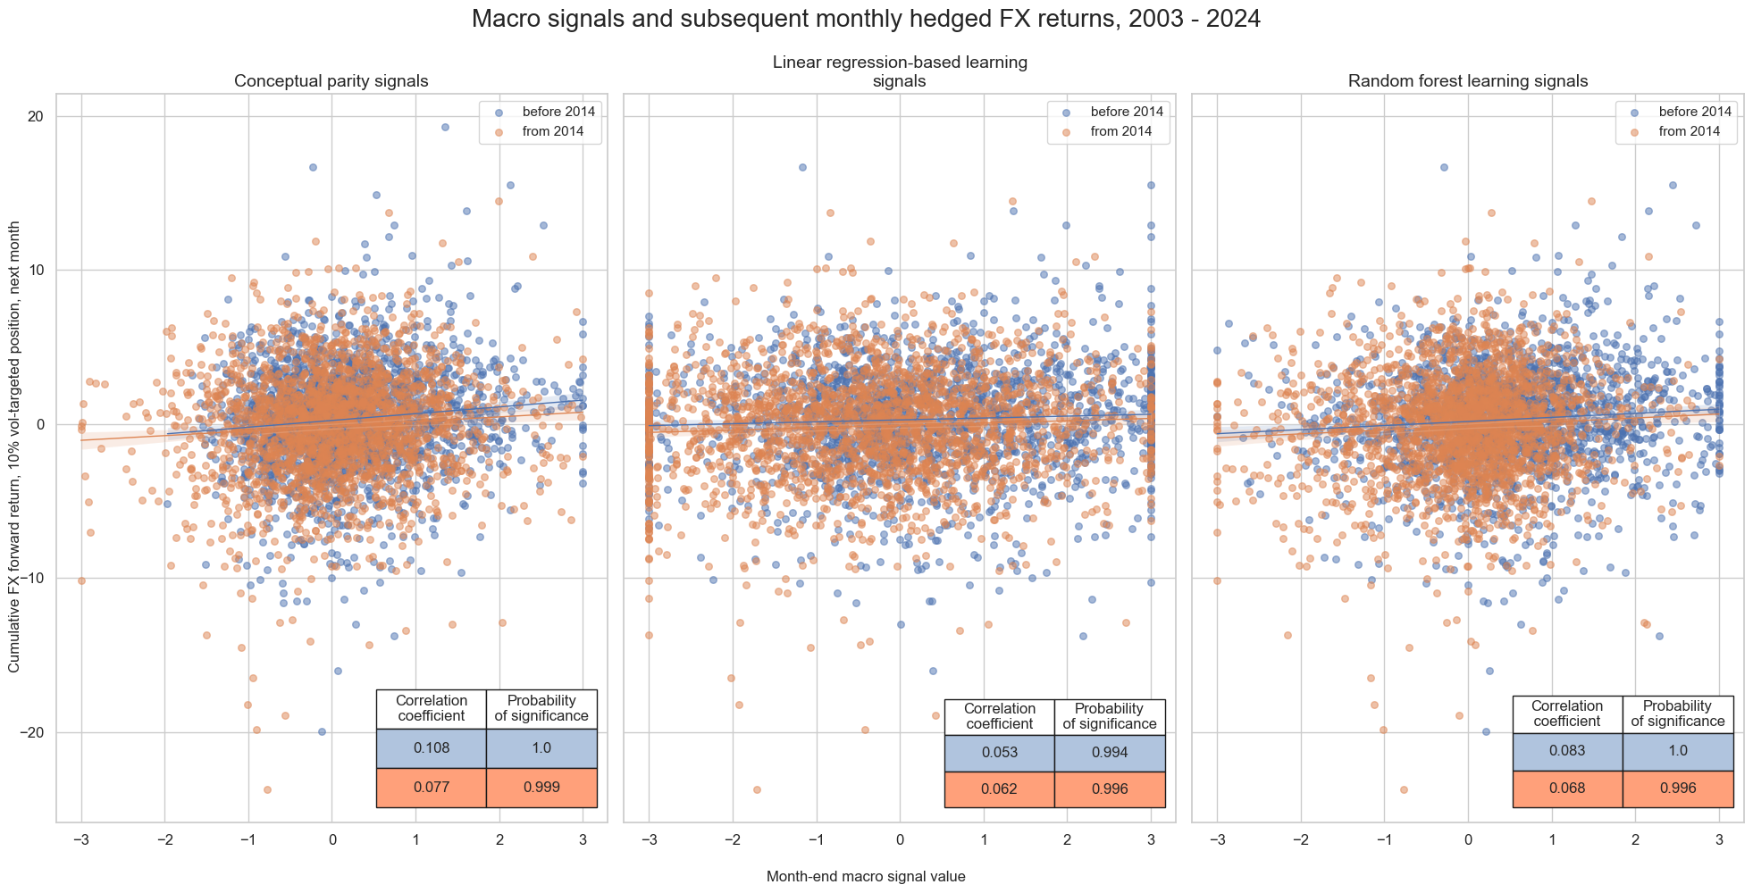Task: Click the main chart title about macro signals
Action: (x=865, y=19)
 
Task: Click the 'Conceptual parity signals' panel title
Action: (x=331, y=81)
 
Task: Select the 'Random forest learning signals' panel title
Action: (x=1467, y=81)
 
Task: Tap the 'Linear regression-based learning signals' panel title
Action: (x=899, y=71)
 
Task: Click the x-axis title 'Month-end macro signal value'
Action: (x=865, y=877)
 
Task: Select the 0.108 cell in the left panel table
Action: (x=431, y=748)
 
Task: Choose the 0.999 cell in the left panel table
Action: (x=541, y=788)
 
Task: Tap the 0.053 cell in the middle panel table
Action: (x=999, y=753)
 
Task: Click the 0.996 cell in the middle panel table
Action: (x=1109, y=789)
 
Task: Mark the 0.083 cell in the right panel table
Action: (x=1567, y=751)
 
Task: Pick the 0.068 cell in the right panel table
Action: (x=1567, y=789)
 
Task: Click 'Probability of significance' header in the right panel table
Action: (x=1677, y=714)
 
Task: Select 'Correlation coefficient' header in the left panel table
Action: (x=431, y=708)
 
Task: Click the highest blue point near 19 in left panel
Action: (x=445, y=128)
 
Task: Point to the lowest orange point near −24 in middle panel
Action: (x=757, y=789)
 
